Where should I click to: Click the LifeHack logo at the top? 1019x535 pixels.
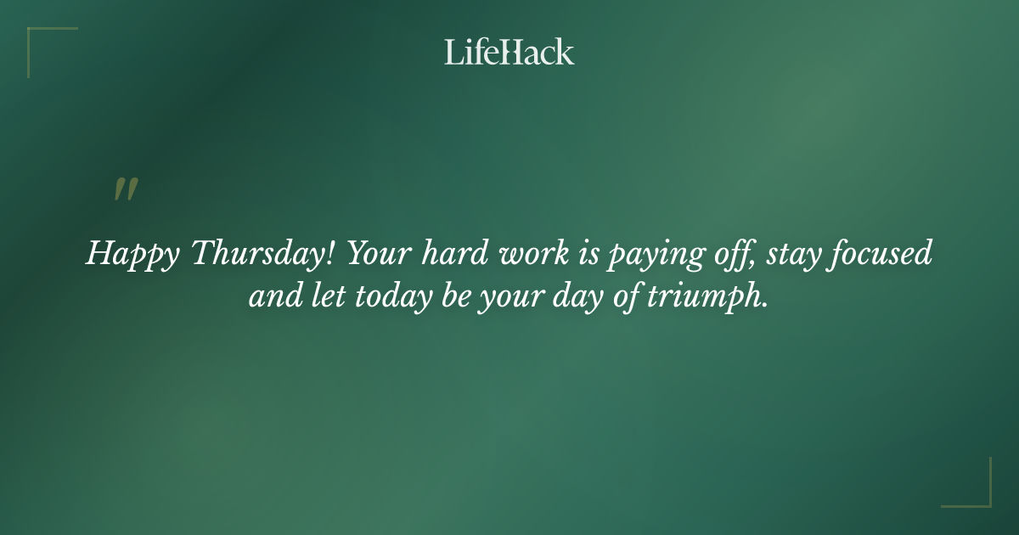(509, 52)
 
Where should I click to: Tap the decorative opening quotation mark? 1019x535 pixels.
(126, 190)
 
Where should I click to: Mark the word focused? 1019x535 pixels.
(882, 254)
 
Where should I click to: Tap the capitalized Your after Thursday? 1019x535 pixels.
(381, 254)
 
